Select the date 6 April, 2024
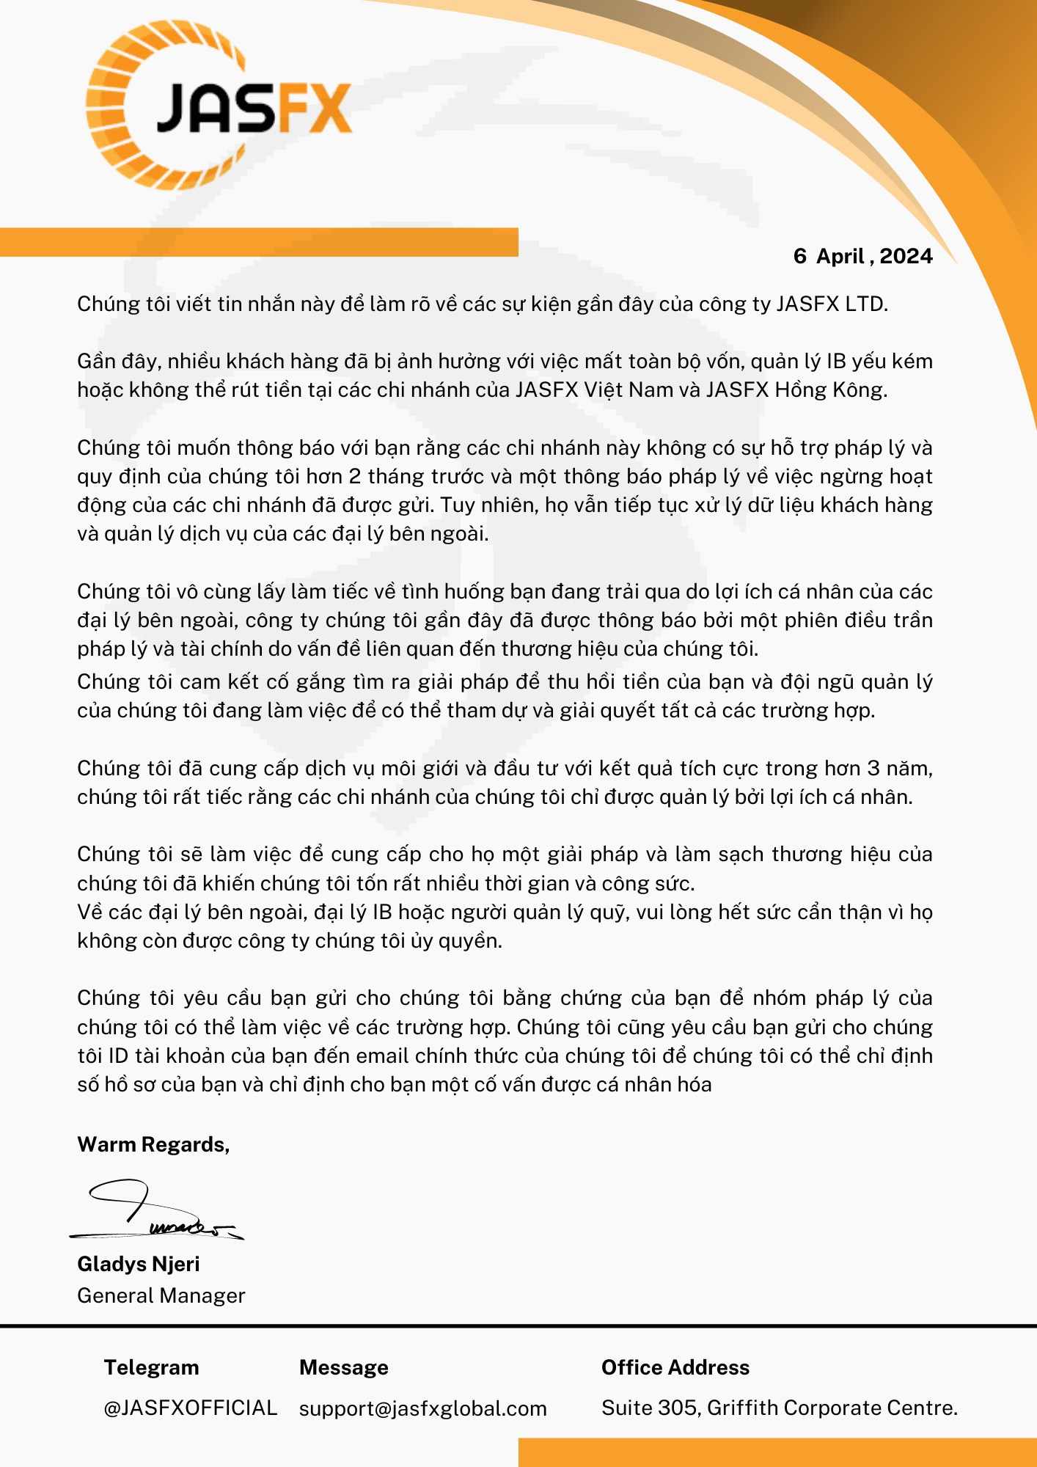pos(862,256)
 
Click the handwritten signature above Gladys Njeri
pos(157,1211)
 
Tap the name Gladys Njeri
pos(138,1264)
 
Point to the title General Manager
pos(161,1295)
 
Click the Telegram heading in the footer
pos(151,1367)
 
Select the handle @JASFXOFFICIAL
pos(190,1408)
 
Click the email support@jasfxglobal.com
pos(422,1408)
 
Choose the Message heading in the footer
pos(343,1367)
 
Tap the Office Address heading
pos(675,1367)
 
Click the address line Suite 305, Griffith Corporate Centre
pos(779,1408)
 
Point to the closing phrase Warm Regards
pos(153,1144)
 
